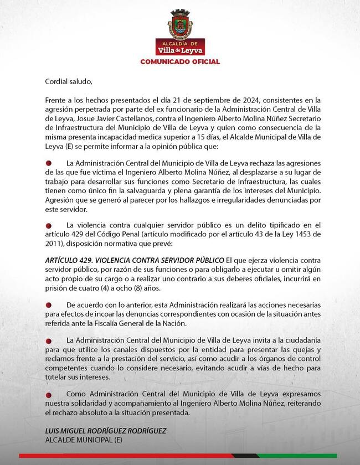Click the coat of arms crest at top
[179, 24]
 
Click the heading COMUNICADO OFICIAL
[179, 61]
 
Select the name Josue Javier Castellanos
[102, 119]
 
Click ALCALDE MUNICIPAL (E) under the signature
[84, 441]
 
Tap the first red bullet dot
[49, 163]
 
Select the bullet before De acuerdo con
[49, 305]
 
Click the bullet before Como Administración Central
[49, 394]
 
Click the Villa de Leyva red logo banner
[179, 48]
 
